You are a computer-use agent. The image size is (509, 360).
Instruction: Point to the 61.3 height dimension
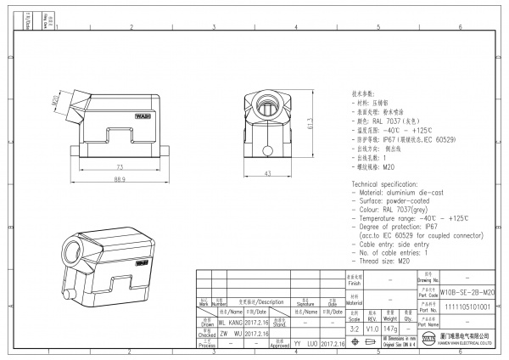coord(311,123)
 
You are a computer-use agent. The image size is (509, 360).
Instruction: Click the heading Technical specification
coord(389,183)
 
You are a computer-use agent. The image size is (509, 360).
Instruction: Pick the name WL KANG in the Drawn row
coord(232,323)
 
